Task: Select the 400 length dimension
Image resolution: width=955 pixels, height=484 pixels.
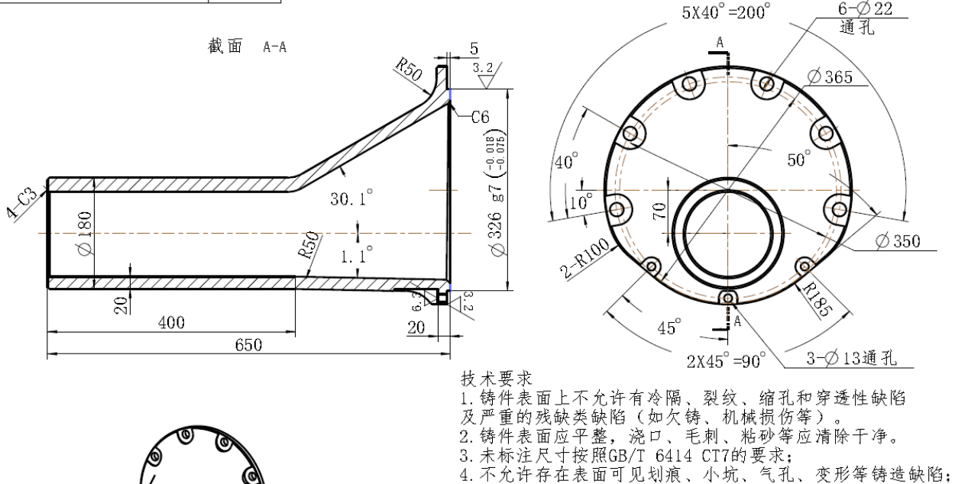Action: pos(172,323)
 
